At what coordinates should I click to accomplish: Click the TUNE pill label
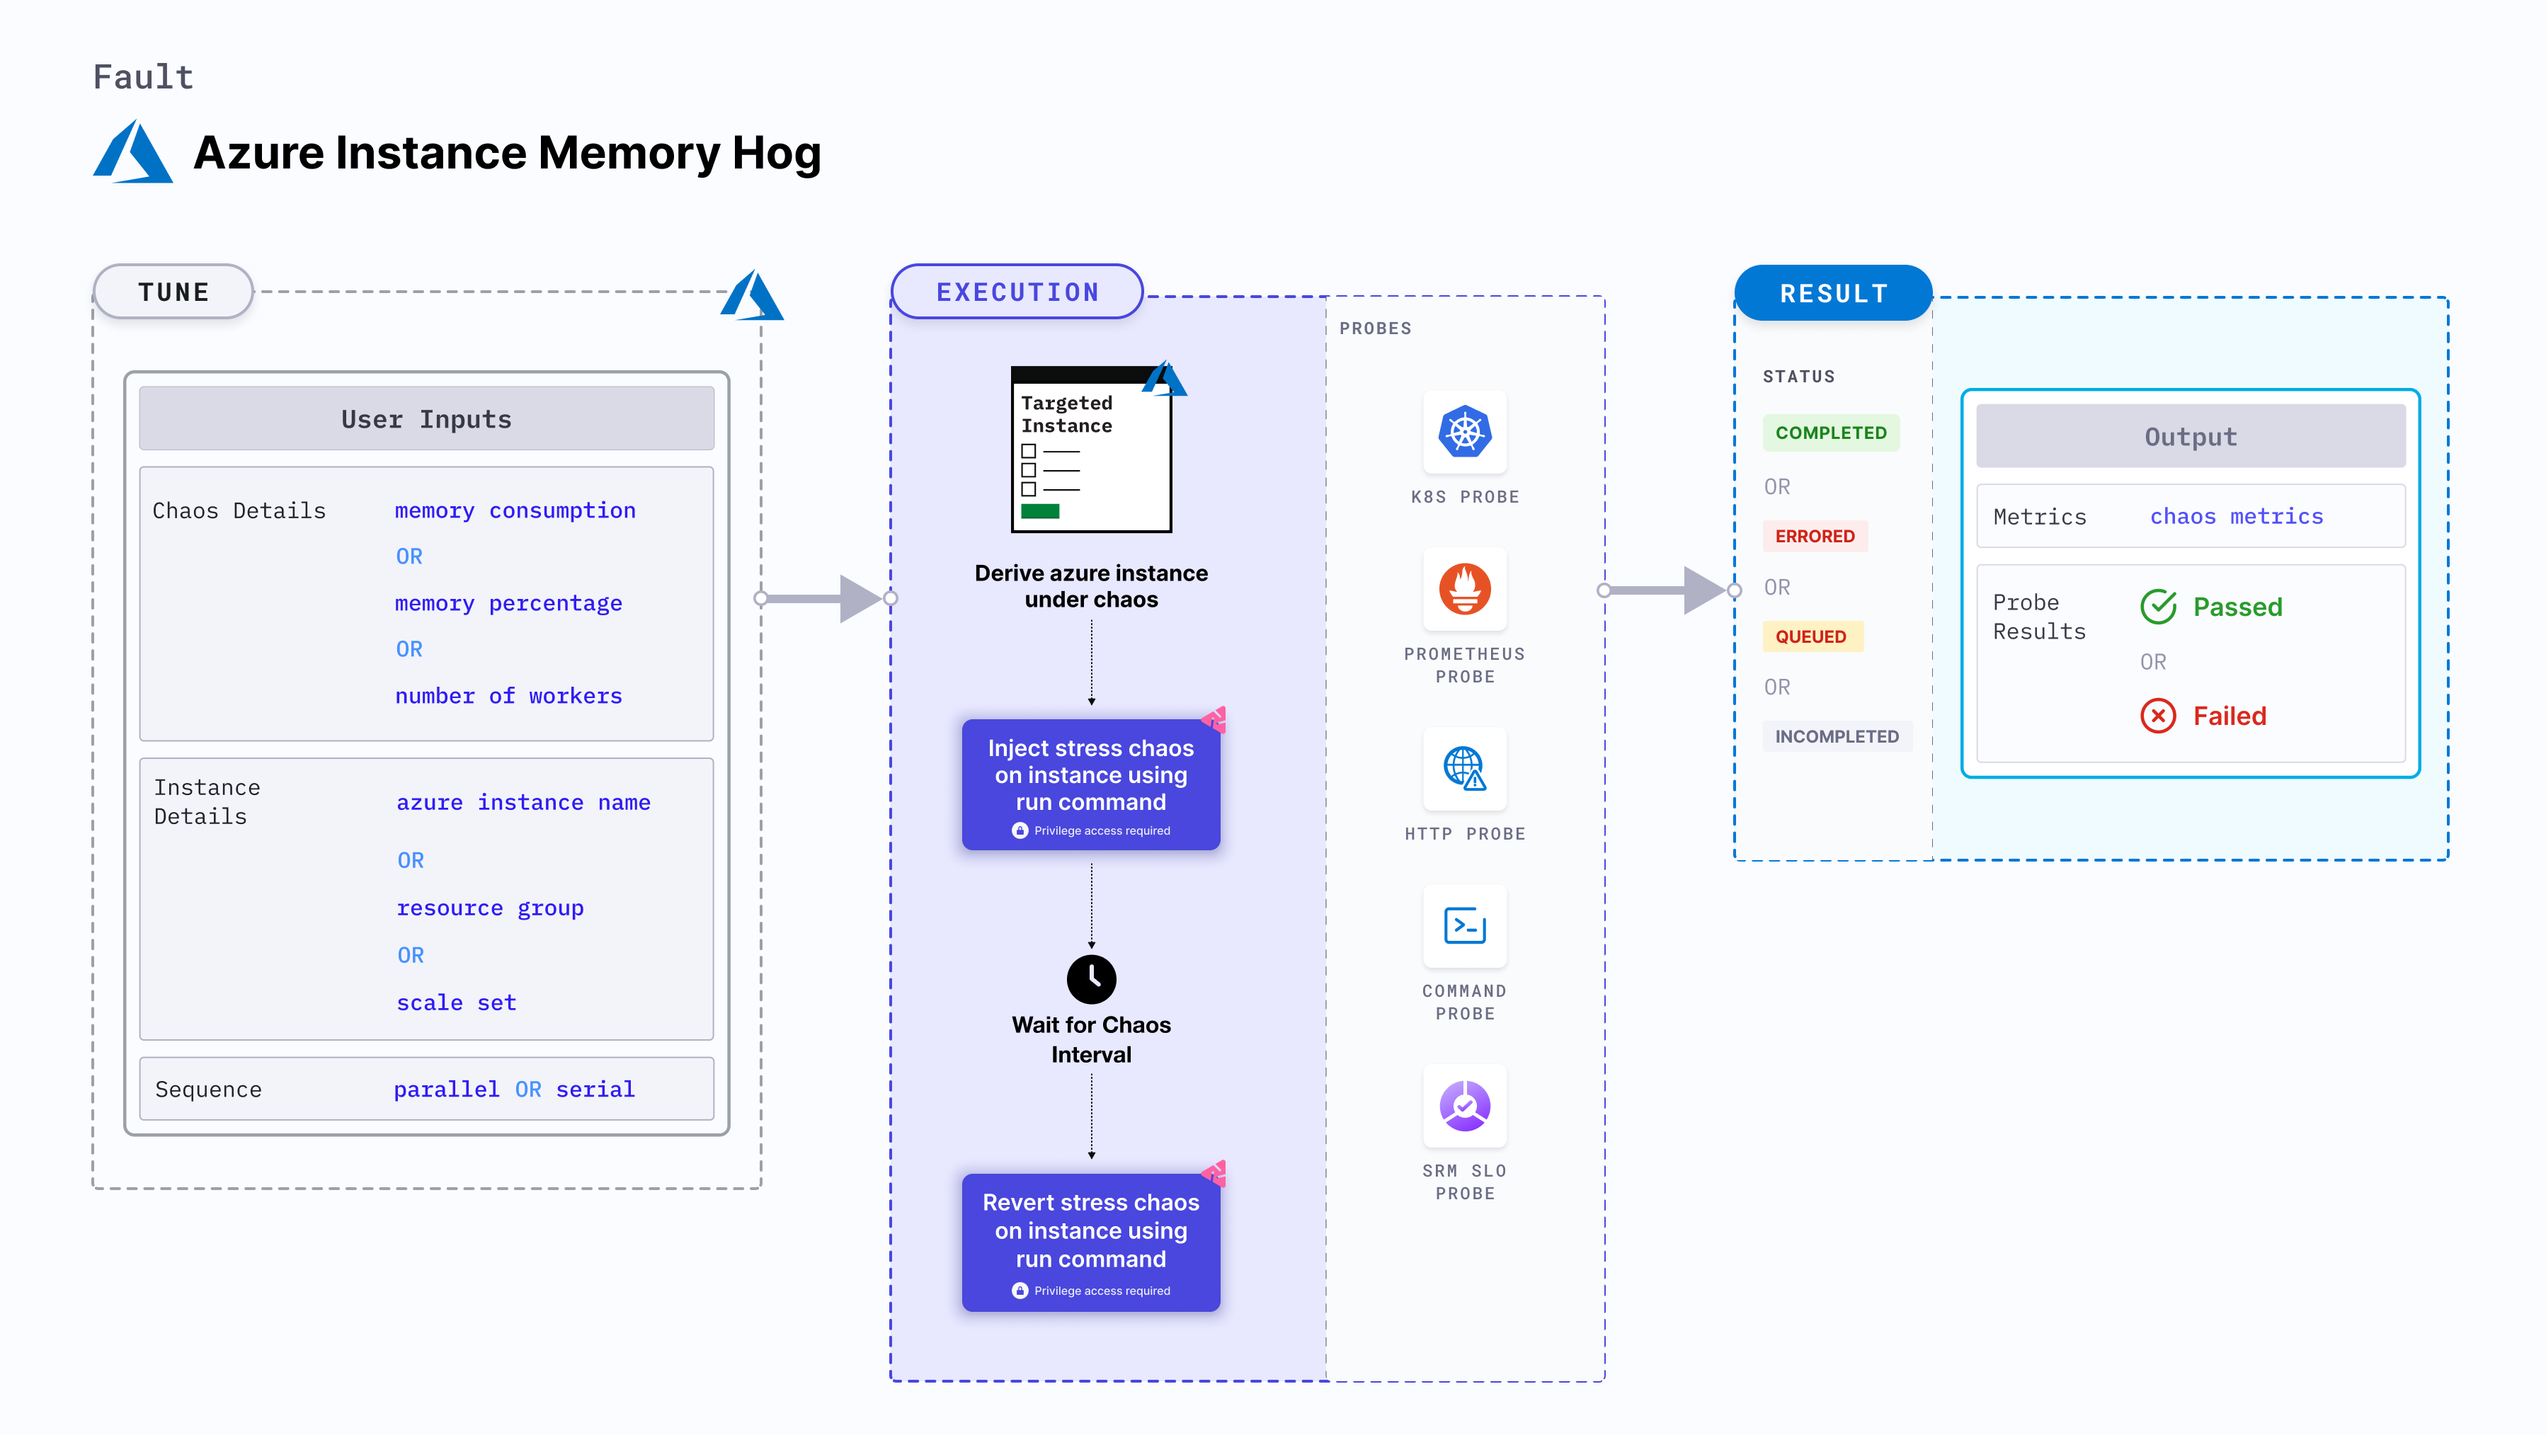[174, 292]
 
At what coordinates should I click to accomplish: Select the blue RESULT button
[1834, 294]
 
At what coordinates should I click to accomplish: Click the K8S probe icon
[1465, 432]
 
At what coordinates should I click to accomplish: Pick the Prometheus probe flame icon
[1465, 589]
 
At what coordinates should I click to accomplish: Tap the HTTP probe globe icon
[1465, 768]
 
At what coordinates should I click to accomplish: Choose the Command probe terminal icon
[1465, 926]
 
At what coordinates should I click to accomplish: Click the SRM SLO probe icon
[1465, 1106]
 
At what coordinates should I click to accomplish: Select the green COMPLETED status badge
[1830, 433]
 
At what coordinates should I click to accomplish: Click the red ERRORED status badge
[1815, 536]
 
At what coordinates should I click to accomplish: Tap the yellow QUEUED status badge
[1810, 636]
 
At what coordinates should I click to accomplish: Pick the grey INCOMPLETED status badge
[1837, 736]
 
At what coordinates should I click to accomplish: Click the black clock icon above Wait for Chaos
[1091, 978]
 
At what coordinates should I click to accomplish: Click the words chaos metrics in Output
[2236, 516]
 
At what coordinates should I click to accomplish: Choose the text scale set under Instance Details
[456, 1002]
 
